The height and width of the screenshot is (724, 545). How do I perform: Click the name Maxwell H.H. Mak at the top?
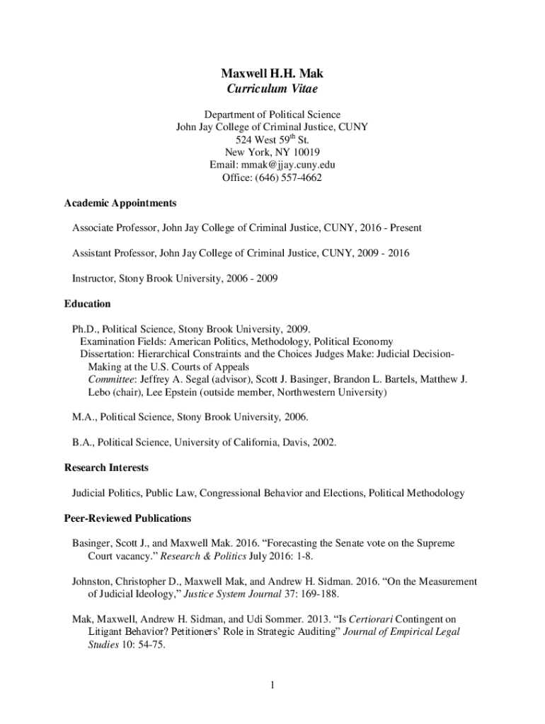pos(272,73)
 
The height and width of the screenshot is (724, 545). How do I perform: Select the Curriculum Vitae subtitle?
pos(272,88)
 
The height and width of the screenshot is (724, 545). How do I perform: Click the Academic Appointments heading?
pos(120,203)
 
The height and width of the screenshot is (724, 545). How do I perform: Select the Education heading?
pos(88,303)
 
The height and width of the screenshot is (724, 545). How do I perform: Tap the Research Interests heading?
pos(106,467)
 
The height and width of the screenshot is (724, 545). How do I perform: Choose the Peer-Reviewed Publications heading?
pos(127,518)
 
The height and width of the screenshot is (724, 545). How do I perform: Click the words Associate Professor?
pos(114,228)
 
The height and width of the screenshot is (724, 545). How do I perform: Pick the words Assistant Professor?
pos(113,252)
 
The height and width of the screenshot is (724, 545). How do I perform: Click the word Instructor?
pos(93,278)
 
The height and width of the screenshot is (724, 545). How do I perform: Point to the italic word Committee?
pos(108,379)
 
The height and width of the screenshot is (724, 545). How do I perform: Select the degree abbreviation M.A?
pos(84,417)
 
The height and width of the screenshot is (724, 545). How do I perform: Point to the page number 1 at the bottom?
pos(272,685)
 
